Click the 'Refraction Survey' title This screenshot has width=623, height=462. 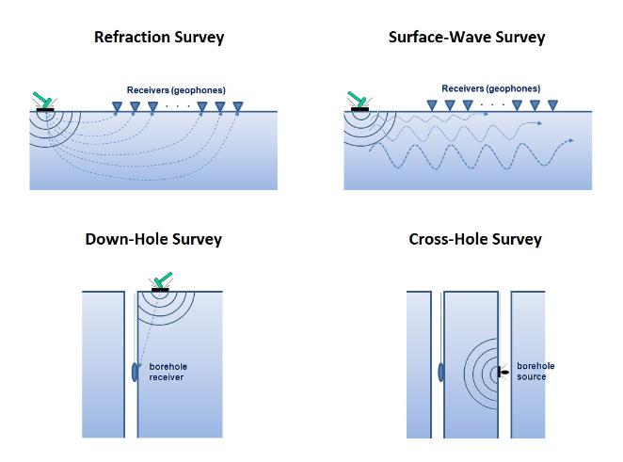159,39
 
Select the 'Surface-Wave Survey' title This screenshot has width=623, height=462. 466,39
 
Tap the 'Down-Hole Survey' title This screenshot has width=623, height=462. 153,239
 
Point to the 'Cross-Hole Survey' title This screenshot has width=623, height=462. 475,239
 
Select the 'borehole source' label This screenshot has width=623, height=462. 535,371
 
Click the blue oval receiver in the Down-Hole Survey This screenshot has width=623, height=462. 134,370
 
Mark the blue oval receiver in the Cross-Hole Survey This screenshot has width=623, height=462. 441,370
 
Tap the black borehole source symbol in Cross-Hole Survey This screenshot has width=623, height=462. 503,372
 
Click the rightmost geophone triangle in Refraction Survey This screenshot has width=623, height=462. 237,106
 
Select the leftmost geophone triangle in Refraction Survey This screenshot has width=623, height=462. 118,106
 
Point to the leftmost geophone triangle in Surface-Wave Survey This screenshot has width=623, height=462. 432,105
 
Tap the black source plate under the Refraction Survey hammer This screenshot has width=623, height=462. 45,109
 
